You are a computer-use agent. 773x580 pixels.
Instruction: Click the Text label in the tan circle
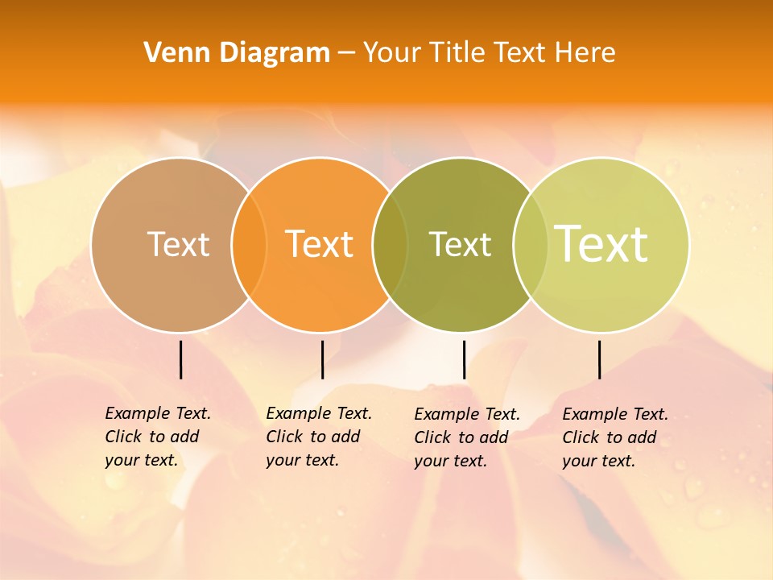point(178,244)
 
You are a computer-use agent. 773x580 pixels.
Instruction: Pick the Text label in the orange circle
point(320,244)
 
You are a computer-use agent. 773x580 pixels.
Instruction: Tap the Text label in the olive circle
point(460,244)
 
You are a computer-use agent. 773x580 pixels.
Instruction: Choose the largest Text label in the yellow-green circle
point(601,243)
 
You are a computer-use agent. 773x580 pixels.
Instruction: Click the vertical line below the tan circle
point(181,359)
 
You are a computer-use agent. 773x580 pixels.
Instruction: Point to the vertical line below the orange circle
point(322,359)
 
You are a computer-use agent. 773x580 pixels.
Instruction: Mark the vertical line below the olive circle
point(464,359)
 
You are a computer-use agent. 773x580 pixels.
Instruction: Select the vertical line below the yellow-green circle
point(600,359)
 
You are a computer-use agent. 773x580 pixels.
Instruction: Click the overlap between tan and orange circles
point(249,245)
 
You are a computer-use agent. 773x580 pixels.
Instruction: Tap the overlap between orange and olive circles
point(390,245)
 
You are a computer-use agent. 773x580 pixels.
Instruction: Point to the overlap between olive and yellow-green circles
point(531,245)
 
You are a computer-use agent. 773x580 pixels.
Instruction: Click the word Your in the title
point(392,53)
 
